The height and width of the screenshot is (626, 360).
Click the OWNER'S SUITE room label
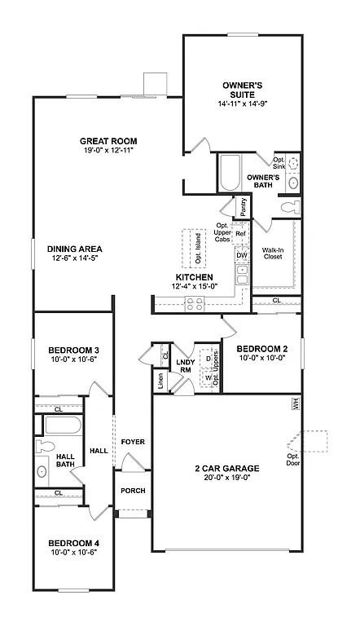244,90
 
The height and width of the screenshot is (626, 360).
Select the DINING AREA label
73,249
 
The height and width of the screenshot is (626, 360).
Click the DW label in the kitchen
241,255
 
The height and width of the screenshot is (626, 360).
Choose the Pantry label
242,208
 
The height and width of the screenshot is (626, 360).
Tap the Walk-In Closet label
272,255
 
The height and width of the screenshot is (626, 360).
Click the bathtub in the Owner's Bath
227,174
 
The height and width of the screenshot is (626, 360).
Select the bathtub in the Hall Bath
62,425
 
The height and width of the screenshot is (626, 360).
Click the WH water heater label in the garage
294,402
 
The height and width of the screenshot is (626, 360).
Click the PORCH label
132,492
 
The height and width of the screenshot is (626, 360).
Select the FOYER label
133,442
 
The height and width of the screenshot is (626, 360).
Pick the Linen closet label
160,381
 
